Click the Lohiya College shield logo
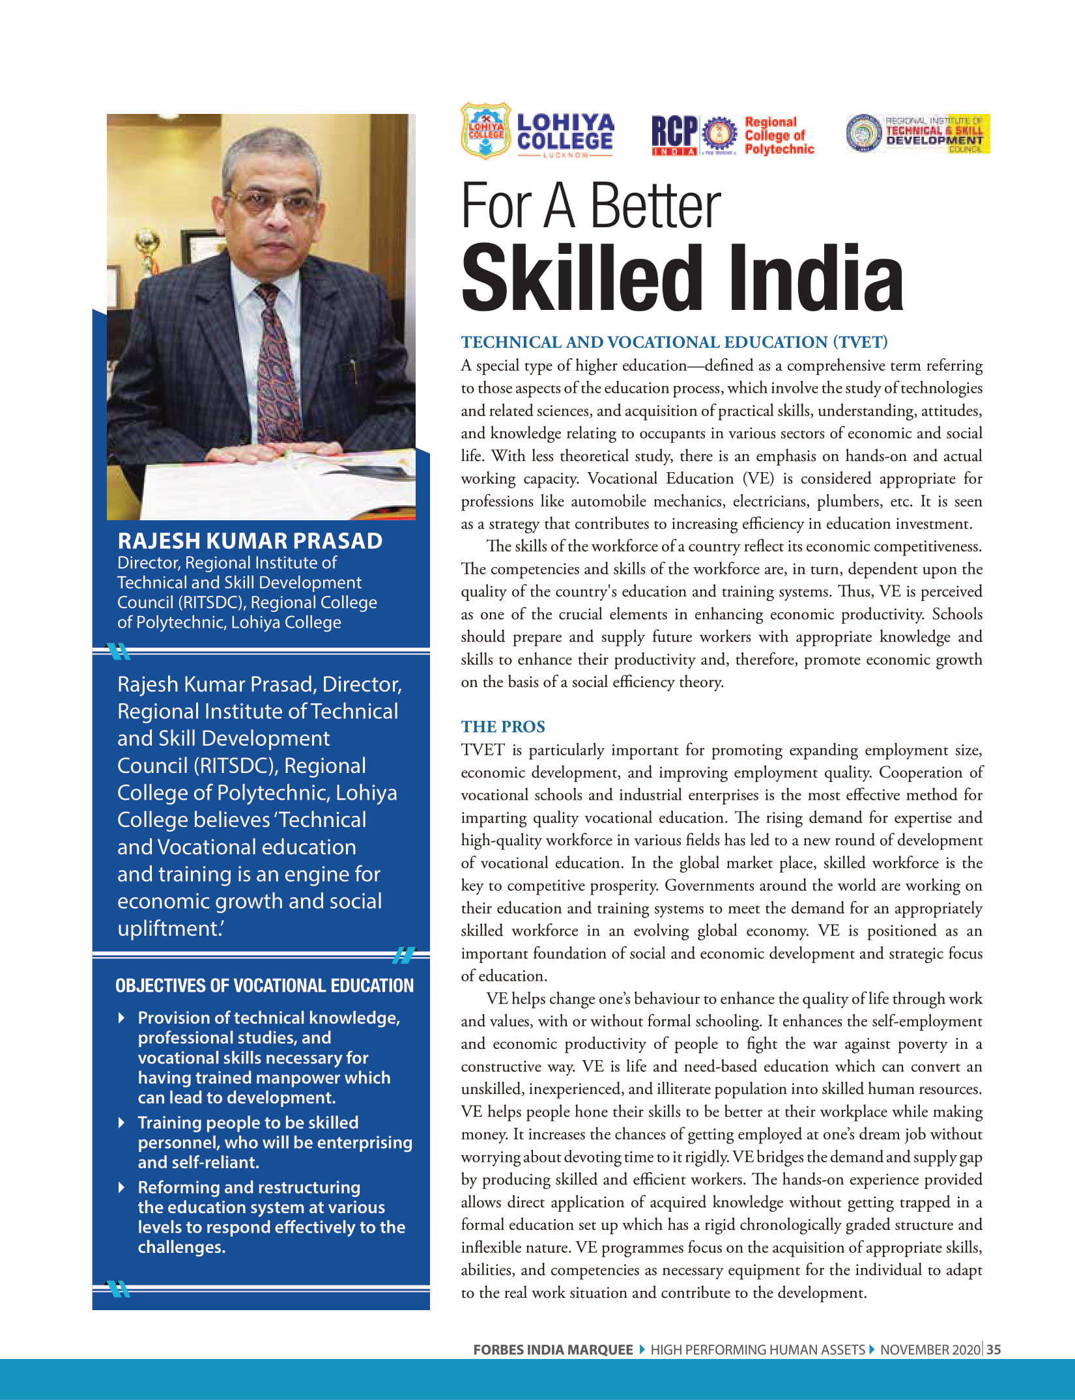click(485, 131)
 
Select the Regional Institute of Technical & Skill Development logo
click(918, 133)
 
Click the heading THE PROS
click(503, 727)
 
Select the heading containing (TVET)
click(674, 342)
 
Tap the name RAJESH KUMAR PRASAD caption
click(250, 540)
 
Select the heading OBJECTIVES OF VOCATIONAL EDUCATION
click(264, 985)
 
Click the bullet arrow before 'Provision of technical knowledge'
click(122, 1017)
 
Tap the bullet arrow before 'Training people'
click(122, 1122)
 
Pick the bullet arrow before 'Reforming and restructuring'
click(122, 1187)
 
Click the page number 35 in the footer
click(994, 1350)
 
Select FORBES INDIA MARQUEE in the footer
click(553, 1350)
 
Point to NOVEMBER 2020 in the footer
click(930, 1350)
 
